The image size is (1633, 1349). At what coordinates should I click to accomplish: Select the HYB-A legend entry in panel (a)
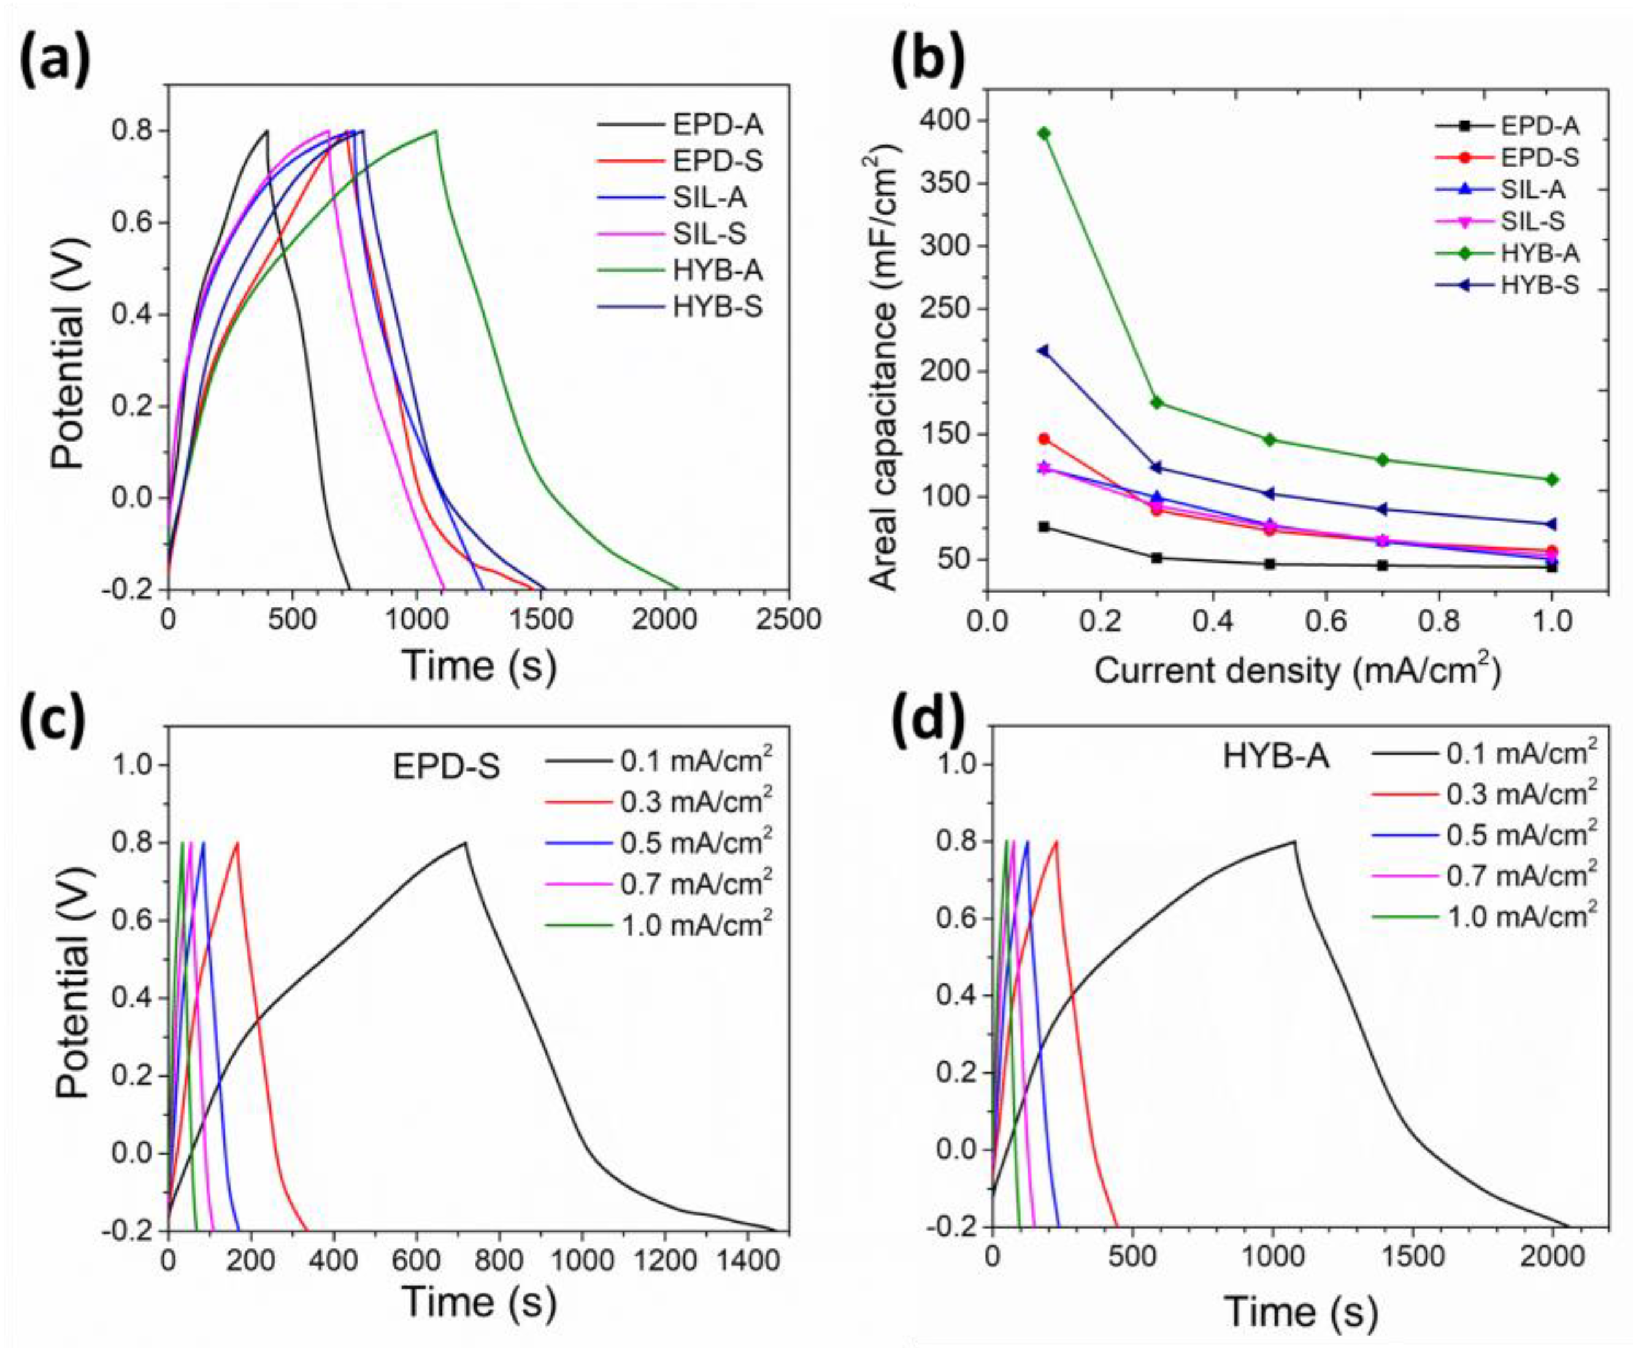click(717, 271)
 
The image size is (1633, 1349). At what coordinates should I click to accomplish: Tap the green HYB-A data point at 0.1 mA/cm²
click(1043, 133)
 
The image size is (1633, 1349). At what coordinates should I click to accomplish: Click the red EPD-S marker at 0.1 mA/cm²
click(1043, 439)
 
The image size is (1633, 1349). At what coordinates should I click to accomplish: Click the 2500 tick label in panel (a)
click(788, 620)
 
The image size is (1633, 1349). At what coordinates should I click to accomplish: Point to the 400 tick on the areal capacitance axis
click(942, 120)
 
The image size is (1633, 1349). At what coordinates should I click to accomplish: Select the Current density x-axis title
click(1297, 670)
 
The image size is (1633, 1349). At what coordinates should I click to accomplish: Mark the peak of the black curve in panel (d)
click(1294, 842)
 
